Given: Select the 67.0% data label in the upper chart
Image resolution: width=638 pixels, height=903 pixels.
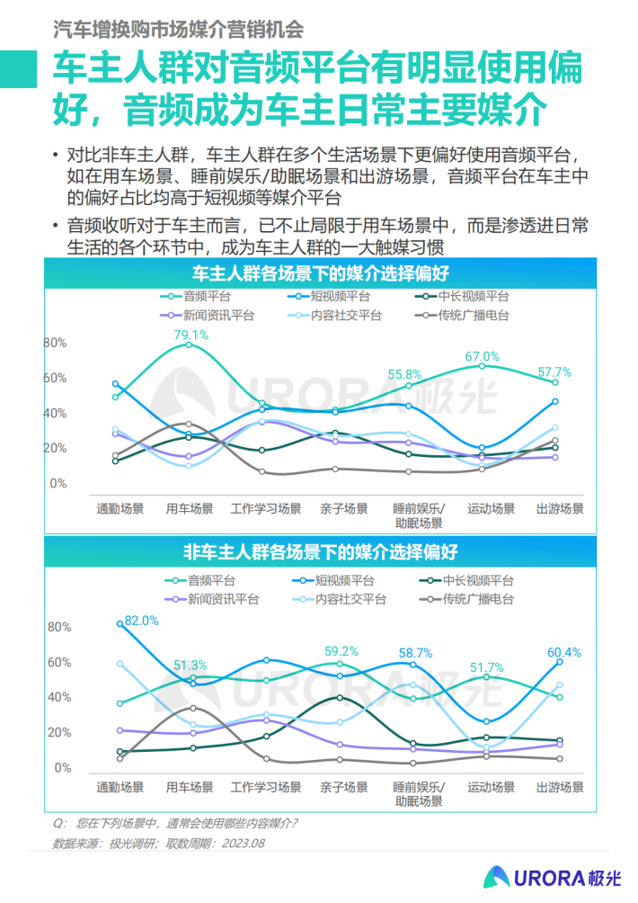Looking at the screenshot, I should pos(482,356).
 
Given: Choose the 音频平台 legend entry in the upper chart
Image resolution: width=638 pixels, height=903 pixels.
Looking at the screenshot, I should pos(206,296).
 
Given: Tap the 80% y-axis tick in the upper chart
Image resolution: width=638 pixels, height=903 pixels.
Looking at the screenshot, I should pos(56,343).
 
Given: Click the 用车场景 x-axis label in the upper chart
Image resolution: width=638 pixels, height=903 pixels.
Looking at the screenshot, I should pos(190,508).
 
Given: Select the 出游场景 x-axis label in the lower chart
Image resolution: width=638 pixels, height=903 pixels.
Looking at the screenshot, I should pos(560,787).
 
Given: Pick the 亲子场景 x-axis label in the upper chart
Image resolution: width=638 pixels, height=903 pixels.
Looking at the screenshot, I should pos(344,508).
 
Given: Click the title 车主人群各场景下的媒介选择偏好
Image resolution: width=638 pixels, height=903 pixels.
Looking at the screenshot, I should pos(321,273).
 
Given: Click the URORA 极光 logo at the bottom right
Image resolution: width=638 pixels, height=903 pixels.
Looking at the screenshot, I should pos(553,876).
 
